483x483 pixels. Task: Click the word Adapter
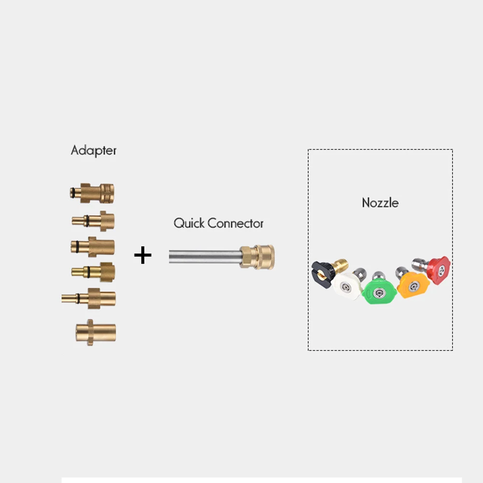94,150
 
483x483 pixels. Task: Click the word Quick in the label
189,223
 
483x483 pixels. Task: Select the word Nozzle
380,202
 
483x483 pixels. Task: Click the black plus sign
142,255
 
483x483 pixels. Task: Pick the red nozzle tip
439,270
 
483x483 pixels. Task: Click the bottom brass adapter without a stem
96,332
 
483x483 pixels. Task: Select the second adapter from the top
94,221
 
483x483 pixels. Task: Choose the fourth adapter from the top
94,271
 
